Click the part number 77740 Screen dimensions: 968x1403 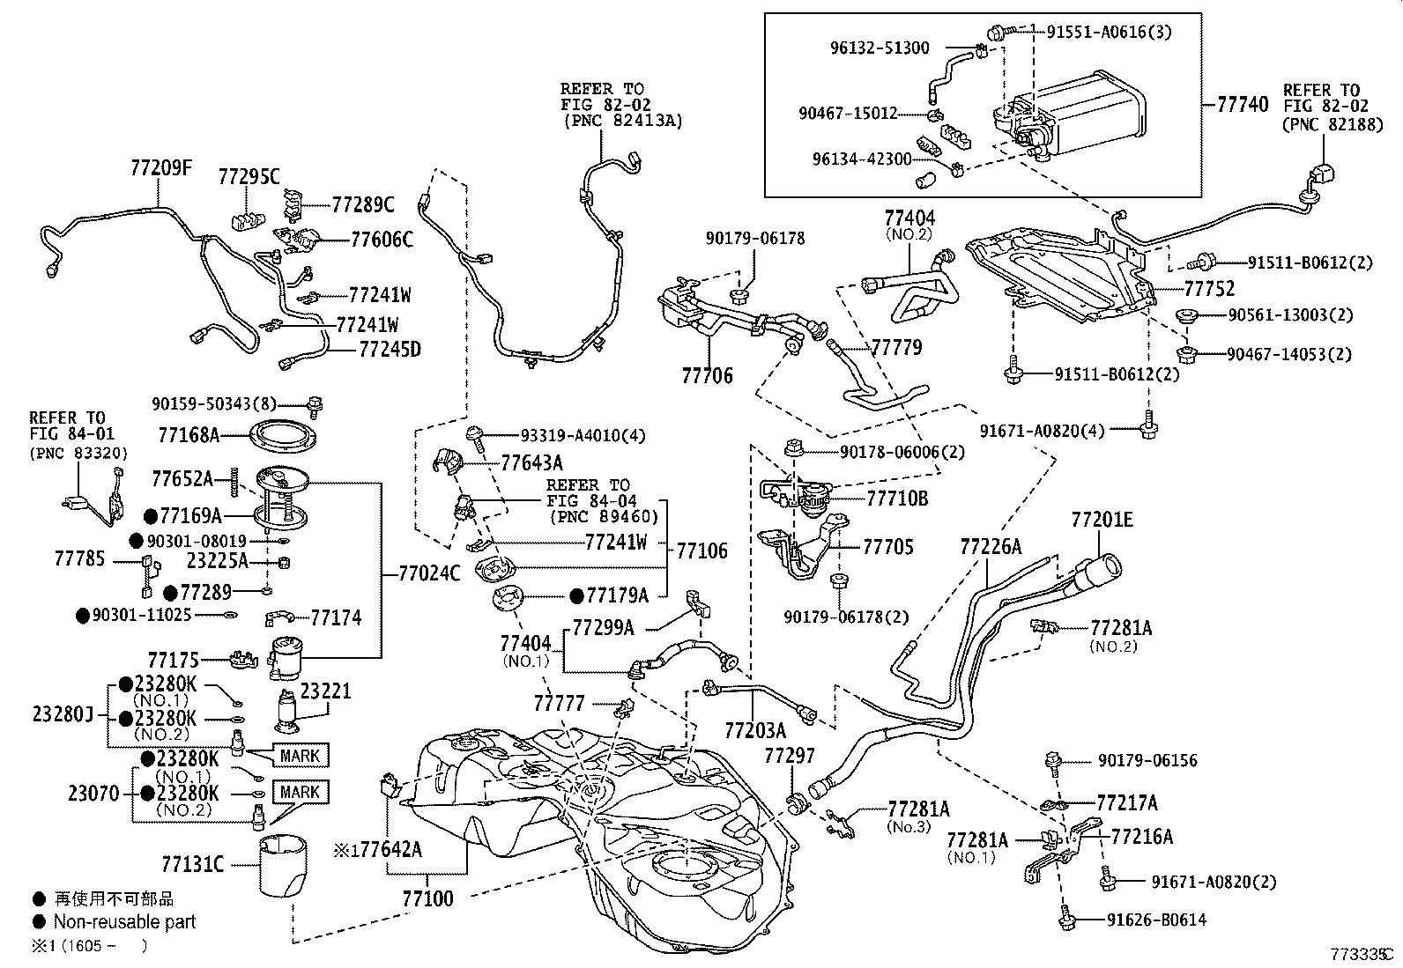click(x=1243, y=105)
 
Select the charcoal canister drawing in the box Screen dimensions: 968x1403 click(x=1071, y=119)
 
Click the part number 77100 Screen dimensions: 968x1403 click(x=427, y=898)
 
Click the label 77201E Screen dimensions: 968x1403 click(x=1102, y=520)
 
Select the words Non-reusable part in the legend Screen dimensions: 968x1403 click(x=124, y=922)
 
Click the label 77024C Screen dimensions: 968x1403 click(x=429, y=573)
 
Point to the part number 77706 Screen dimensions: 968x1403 click(x=707, y=376)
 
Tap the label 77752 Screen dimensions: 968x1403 click(x=1208, y=289)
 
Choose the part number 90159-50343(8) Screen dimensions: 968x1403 click(x=213, y=403)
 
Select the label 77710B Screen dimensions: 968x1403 click(x=896, y=499)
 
